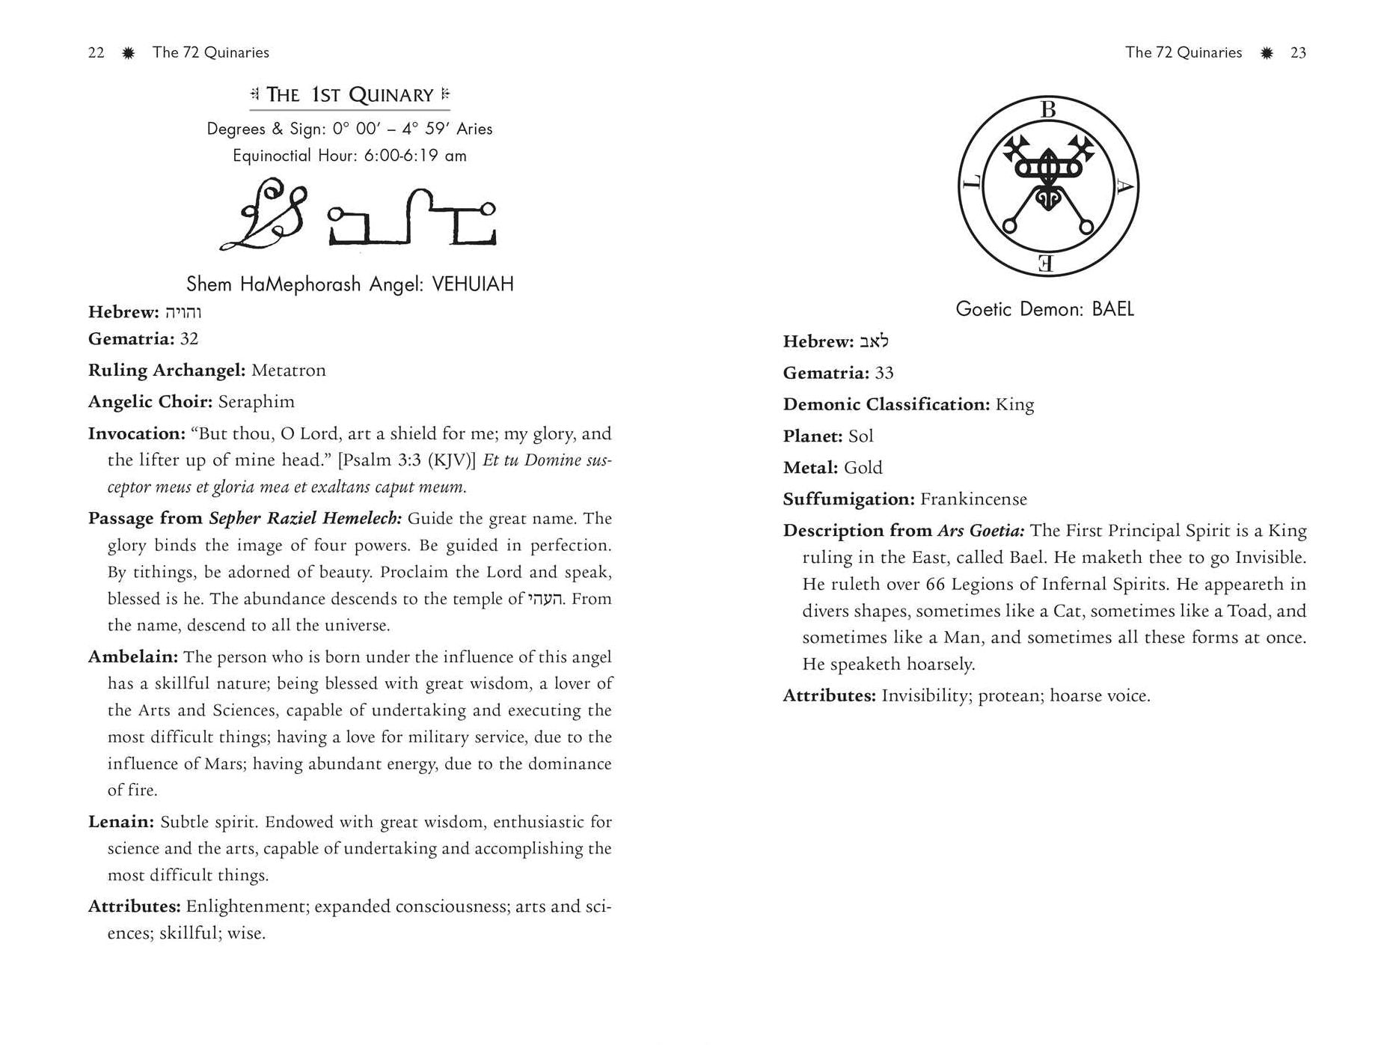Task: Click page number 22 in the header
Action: coord(96,52)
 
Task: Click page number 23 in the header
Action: coord(1298,52)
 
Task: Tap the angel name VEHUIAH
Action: coord(473,284)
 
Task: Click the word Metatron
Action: coord(288,371)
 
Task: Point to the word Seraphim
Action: coord(256,402)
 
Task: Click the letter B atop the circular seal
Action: coord(1048,110)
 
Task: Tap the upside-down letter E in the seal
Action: coord(1047,263)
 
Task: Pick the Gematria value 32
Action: coord(189,339)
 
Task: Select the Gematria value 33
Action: coord(884,373)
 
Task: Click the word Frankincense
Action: coord(973,499)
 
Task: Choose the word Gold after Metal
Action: coord(863,468)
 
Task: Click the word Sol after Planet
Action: coord(860,436)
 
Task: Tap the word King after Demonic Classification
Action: coord(1014,405)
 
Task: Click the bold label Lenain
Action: coord(121,822)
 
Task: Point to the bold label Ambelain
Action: coord(132,657)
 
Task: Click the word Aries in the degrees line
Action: coord(474,129)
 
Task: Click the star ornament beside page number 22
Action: coord(128,52)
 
